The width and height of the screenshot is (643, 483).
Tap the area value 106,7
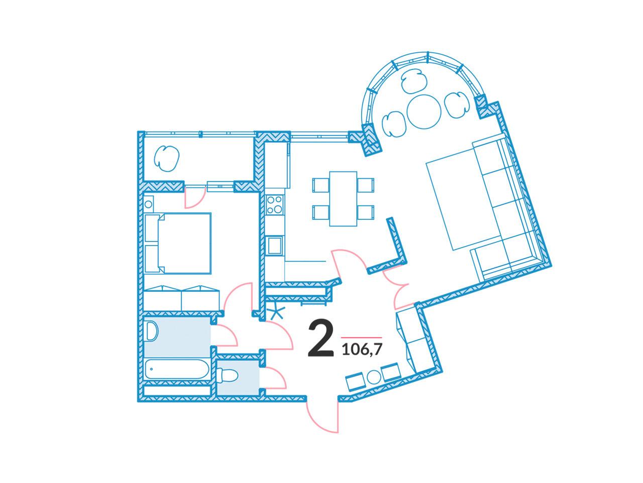point(362,350)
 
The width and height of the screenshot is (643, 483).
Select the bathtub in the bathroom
point(177,369)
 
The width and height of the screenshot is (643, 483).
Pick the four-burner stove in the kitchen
point(275,204)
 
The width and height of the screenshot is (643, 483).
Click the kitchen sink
point(274,246)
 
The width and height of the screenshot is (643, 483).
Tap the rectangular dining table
point(343,199)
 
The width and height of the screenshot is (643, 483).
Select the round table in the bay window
point(423,111)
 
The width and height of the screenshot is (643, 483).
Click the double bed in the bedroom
point(177,243)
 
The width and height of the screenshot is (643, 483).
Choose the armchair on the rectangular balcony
point(166,158)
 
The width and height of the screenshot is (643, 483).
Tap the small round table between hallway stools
point(374,377)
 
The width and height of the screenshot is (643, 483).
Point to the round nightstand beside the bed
point(148,204)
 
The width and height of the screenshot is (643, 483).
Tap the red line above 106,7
point(362,338)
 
